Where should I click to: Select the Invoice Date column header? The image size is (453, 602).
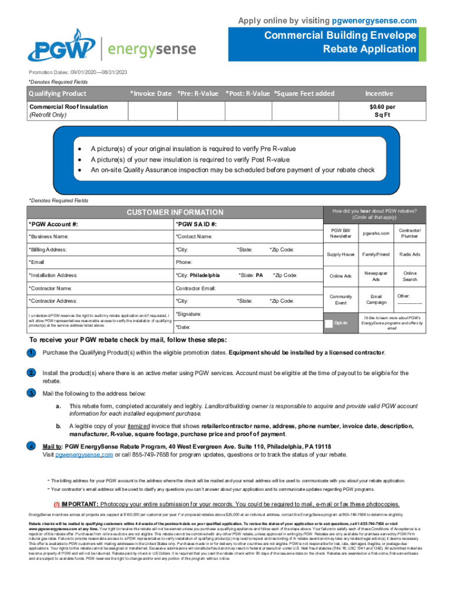coord(151,93)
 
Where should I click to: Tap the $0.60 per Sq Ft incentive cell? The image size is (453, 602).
coord(382,111)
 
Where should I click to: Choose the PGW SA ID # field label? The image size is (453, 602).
coord(196,224)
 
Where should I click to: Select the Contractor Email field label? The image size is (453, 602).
coord(196,288)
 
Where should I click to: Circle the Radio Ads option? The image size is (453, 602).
coord(409,254)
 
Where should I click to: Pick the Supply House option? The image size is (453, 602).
coord(341,254)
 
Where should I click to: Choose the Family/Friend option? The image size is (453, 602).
coord(376,254)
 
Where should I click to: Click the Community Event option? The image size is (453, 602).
coord(341,299)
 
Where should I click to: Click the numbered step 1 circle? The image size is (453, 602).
coord(30,353)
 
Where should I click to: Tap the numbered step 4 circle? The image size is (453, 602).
coord(30,446)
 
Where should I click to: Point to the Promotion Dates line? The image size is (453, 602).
coord(78,72)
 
